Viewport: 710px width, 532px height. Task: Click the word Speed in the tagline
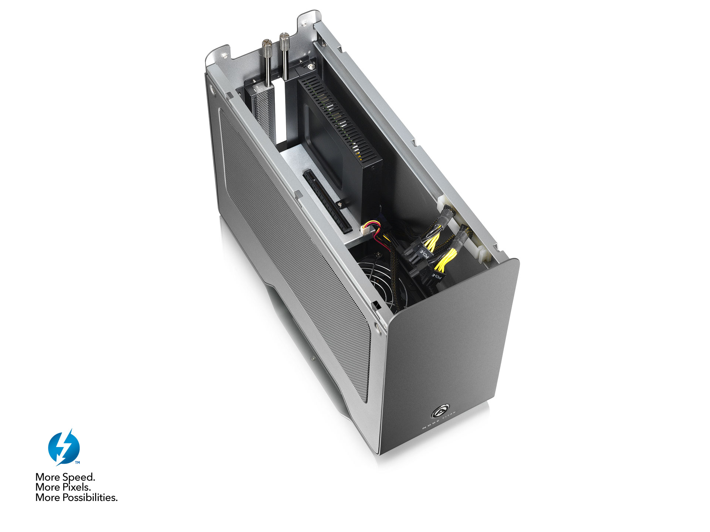click(x=78, y=477)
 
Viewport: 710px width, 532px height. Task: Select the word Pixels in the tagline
click(x=77, y=487)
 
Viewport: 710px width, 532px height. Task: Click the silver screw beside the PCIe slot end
click(x=339, y=204)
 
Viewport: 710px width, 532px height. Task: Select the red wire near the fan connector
click(x=379, y=236)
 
